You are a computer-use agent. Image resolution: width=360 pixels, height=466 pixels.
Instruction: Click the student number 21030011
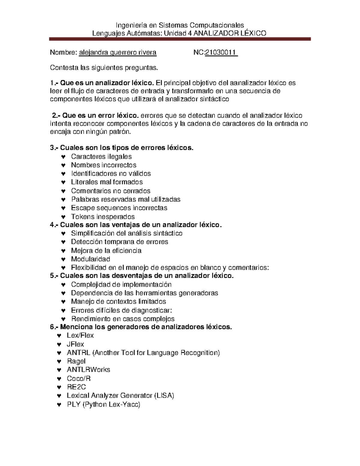[x=221, y=53]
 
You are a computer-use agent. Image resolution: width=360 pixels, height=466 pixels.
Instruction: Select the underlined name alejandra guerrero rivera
[x=118, y=53]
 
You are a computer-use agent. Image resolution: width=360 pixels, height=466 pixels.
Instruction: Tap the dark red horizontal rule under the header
[x=180, y=39]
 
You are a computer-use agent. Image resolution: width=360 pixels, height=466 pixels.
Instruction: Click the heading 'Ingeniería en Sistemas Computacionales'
[x=180, y=25]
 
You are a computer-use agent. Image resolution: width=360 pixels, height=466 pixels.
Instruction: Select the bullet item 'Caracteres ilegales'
[x=101, y=156]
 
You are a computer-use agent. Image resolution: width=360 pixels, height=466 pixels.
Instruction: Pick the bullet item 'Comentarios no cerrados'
[x=110, y=191]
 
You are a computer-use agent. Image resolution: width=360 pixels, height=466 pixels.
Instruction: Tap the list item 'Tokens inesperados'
[x=103, y=217]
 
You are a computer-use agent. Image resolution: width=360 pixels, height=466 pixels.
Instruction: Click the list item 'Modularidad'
[x=90, y=259]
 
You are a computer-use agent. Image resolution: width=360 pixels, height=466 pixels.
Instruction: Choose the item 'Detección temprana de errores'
[x=119, y=242]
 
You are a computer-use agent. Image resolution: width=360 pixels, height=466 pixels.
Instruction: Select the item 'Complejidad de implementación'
[x=121, y=284]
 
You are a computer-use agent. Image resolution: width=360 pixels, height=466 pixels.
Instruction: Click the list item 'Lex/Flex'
[x=80, y=335]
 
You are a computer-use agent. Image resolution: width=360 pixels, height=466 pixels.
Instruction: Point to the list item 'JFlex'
[x=75, y=344]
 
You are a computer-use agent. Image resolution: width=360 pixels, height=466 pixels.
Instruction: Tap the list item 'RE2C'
[x=76, y=387]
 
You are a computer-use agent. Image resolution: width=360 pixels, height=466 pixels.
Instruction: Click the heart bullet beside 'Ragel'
[x=59, y=361]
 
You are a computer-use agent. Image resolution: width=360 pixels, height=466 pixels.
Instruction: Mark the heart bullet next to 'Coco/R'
[x=59, y=379]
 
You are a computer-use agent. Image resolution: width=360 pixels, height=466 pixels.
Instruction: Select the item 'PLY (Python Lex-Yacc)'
[x=103, y=404]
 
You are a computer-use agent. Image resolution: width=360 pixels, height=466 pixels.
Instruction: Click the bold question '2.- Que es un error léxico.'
[x=95, y=116]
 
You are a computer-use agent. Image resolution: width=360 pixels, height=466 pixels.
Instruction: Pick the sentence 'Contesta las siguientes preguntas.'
[x=103, y=68]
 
